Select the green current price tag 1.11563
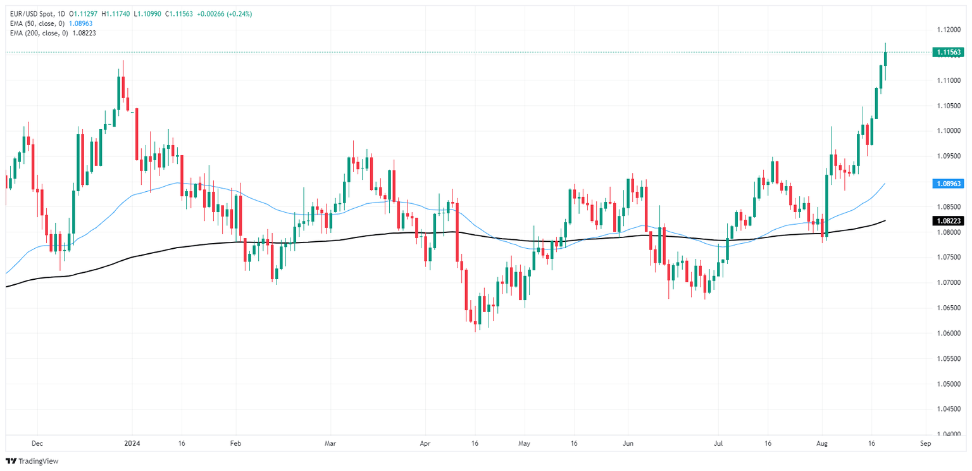947,52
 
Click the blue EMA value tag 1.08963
947,183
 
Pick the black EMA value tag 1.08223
947,220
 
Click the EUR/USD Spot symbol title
29,14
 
